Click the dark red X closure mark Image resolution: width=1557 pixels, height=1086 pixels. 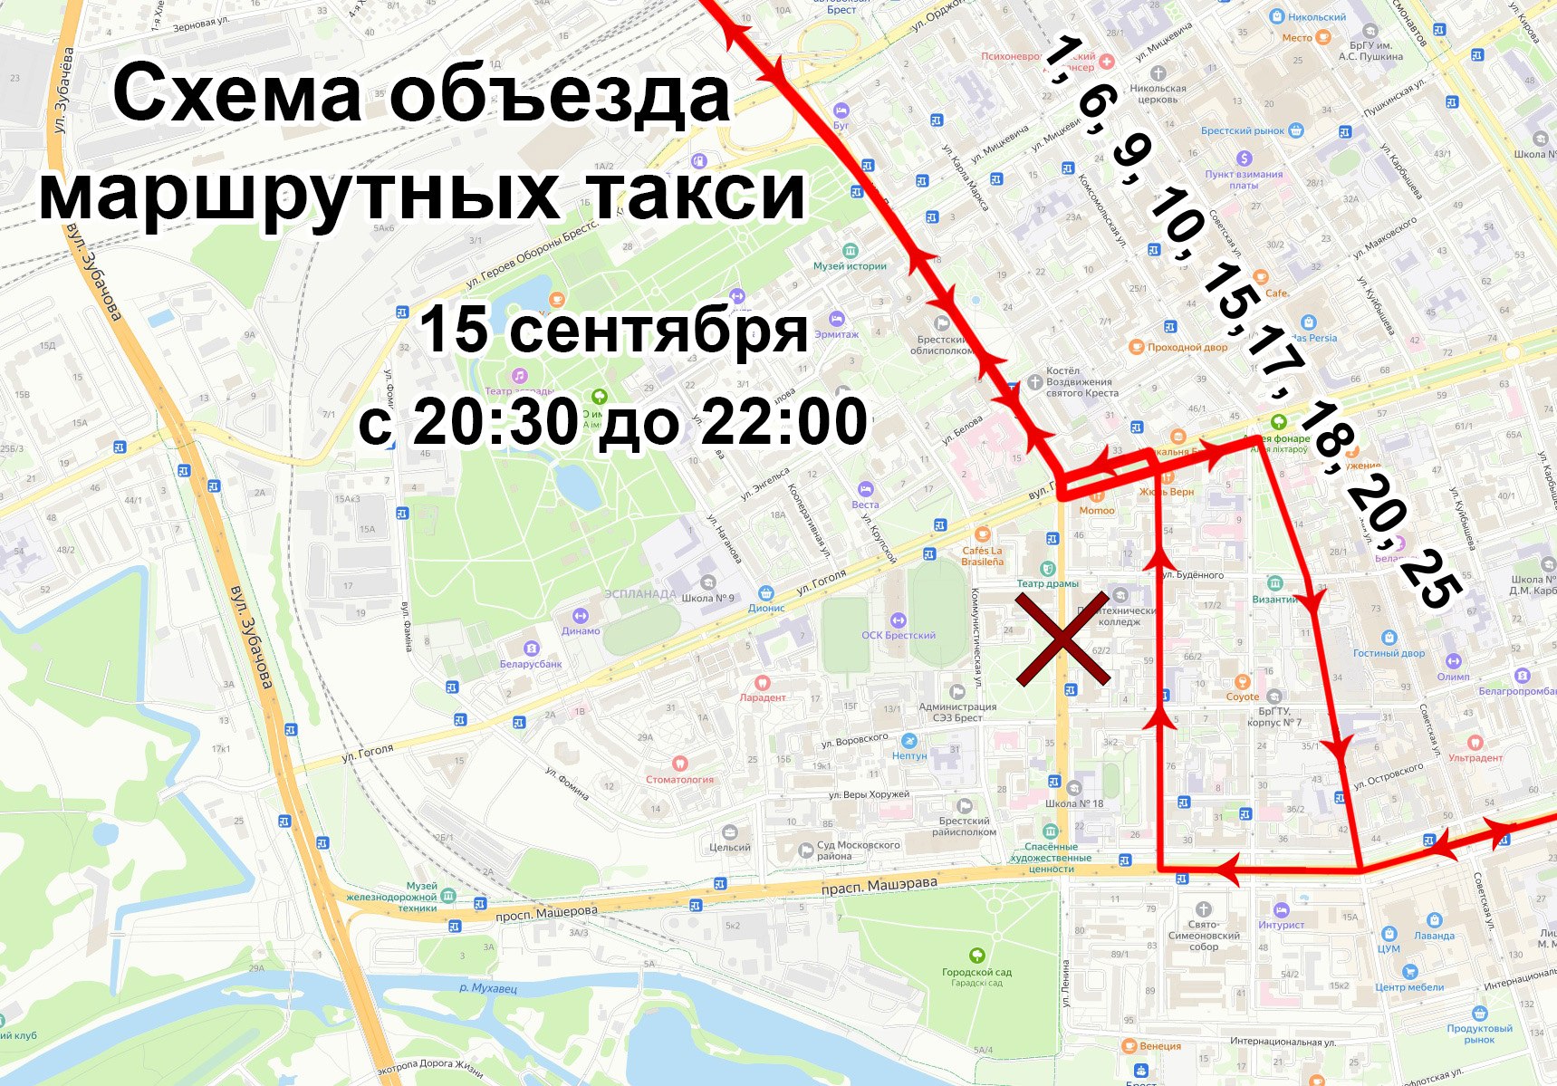(1062, 639)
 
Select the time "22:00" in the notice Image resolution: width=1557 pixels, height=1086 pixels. (784, 422)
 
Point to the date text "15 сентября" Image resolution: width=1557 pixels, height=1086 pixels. (613, 330)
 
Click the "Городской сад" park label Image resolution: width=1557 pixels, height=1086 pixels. (976, 972)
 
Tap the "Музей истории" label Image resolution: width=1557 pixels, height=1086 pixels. (850, 265)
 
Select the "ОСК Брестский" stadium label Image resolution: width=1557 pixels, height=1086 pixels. (899, 635)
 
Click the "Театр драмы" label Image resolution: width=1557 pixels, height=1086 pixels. (1047, 583)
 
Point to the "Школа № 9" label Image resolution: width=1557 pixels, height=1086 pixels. (709, 598)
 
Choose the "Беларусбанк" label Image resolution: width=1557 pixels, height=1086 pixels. (531, 664)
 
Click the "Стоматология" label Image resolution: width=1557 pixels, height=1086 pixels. (679, 779)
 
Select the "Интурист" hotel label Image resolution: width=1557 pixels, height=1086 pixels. (1281, 925)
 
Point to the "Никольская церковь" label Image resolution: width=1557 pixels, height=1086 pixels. (1158, 93)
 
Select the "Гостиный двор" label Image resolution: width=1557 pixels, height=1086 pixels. (1389, 652)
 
